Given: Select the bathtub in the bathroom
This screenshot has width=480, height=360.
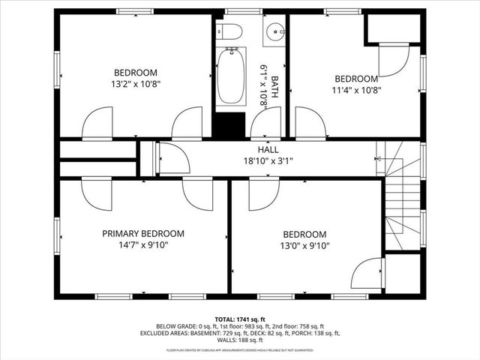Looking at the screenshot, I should tap(231, 75).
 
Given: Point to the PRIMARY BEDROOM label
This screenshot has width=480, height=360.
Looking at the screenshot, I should tap(142, 234).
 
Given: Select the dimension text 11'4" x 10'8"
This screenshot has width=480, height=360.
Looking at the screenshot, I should tap(355, 90).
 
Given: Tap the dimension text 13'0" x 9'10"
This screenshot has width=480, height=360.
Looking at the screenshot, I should tap(304, 245).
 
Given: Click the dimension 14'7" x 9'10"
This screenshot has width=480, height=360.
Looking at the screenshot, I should tap(142, 244).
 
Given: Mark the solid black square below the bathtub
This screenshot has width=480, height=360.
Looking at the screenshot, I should tap(230, 124).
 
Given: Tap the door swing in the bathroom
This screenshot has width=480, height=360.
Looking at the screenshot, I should tap(267, 122).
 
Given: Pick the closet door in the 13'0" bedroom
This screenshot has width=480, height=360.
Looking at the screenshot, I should tap(367, 272).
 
